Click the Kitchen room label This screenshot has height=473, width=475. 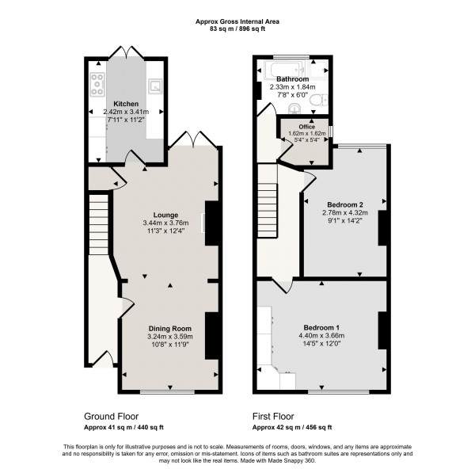[126, 104]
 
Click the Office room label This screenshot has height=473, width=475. [305, 128]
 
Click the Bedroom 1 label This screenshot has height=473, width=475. [321, 327]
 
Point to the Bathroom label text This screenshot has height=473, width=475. [292, 79]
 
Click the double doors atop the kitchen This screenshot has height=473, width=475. [126, 52]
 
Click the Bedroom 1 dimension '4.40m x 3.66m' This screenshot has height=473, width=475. [321, 335]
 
